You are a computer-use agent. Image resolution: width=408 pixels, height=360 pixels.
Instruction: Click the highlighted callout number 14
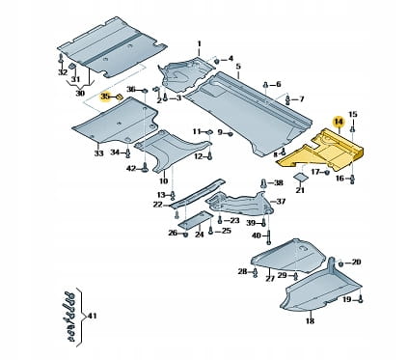(x=339, y=122)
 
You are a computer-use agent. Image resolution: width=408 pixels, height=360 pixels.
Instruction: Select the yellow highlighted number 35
(x=105, y=96)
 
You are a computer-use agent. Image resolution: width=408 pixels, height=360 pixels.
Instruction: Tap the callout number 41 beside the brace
(x=92, y=317)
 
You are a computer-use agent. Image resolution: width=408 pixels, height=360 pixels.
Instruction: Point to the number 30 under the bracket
(x=80, y=93)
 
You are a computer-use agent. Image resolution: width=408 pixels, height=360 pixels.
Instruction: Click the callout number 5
(x=238, y=67)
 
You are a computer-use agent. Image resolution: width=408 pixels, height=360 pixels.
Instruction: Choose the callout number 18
(x=310, y=320)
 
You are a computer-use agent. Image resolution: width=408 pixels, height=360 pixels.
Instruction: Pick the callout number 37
(x=281, y=202)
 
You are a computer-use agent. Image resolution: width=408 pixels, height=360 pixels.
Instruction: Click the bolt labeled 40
(x=269, y=236)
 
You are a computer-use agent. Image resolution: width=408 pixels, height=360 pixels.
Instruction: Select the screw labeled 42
(x=145, y=167)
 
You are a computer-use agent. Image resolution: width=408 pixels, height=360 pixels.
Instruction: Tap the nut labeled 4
(x=217, y=60)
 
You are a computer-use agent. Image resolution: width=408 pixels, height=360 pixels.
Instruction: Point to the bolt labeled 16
(x=353, y=179)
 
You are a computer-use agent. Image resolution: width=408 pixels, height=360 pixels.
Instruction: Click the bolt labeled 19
(x=361, y=299)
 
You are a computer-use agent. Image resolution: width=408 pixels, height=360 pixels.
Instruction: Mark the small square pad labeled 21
(x=300, y=177)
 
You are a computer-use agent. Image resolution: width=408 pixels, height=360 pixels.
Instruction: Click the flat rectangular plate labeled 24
(x=195, y=220)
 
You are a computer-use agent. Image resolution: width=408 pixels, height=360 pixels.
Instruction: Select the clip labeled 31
(x=72, y=67)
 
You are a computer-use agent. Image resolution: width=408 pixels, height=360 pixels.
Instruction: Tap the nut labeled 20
(x=341, y=263)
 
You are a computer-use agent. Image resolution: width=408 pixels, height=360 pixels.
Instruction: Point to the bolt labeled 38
(x=264, y=183)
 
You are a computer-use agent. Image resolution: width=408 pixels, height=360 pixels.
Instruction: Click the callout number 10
(x=164, y=180)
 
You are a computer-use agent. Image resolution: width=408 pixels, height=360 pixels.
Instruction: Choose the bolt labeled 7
(x=287, y=100)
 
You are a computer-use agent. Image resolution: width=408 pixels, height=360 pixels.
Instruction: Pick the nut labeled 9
(x=231, y=133)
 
